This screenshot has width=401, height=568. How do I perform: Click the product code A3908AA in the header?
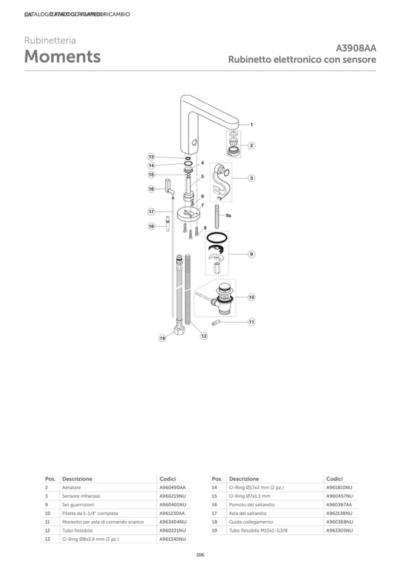click(355, 48)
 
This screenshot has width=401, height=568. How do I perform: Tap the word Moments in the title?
click(62, 57)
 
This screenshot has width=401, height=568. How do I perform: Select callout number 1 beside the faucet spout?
click(251, 125)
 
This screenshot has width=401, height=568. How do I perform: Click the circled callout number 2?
click(252, 145)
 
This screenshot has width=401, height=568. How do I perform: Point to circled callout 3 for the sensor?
click(251, 178)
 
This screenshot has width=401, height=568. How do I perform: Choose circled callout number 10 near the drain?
click(251, 297)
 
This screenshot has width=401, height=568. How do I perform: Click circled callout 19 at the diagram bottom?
click(162, 338)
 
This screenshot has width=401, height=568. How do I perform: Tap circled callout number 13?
click(151, 156)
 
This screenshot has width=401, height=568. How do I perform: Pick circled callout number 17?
click(151, 211)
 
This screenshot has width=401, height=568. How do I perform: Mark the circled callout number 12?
click(203, 336)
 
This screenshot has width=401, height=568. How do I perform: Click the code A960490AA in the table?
click(172, 487)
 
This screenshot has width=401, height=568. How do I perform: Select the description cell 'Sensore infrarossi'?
click(81, 495)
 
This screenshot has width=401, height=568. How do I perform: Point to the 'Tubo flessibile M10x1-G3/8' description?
click(257, 531)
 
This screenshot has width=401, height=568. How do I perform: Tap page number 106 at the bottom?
click(200, 554)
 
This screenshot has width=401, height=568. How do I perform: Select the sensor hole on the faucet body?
click(195, 143)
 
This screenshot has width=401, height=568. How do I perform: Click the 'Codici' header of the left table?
click(168, 478)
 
